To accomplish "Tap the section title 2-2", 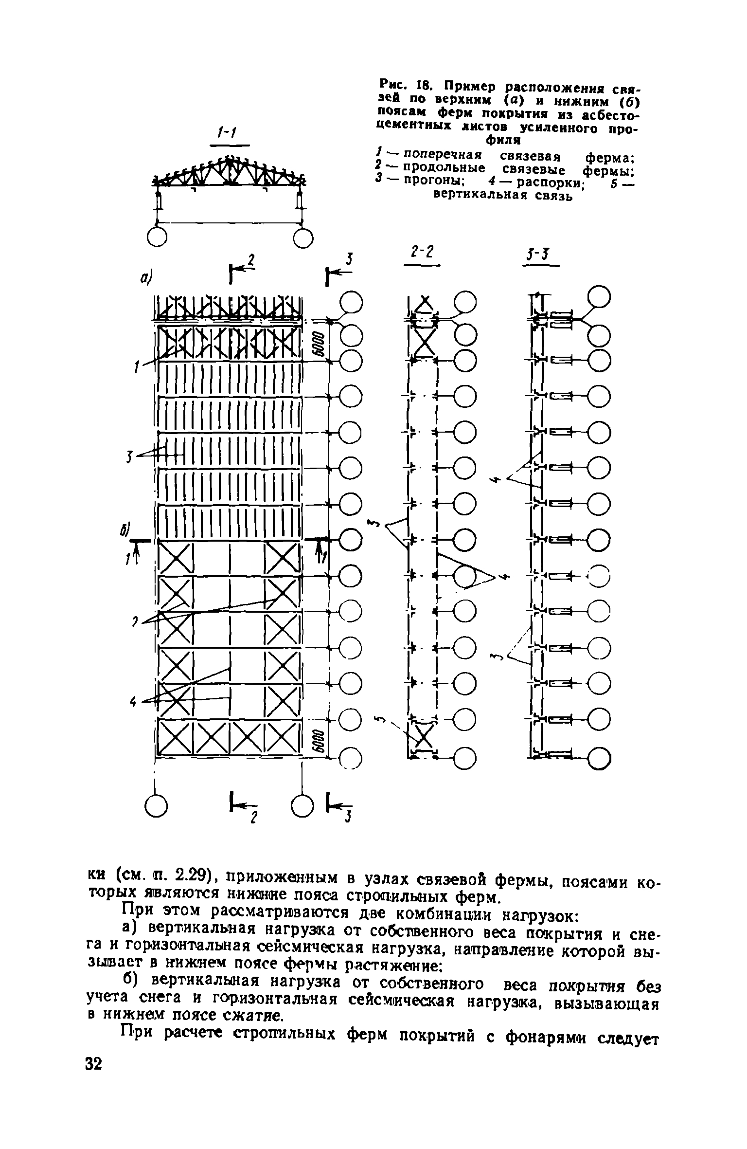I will pyautogui.click(x=421, y=252).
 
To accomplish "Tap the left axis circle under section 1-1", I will pyautogui.click(x=157, y=237).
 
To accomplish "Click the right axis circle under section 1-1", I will pyautogui.click(x=302, y=237).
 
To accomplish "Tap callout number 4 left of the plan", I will pyautogui.click(x=132, y=702).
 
